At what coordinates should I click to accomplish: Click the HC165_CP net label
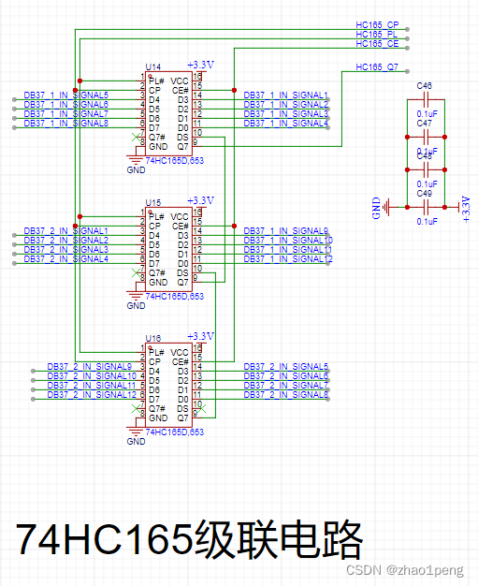[377, 23]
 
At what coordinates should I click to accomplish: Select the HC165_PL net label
[377, 34]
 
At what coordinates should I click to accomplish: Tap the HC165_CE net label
[377, 44]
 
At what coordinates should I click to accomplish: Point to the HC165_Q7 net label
[377, 67]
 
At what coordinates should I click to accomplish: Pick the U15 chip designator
[152, 203]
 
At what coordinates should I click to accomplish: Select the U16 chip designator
[152, 338]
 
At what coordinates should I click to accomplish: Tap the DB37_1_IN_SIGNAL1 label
[285, 95]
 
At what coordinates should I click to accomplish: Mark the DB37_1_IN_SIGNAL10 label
[287, 241]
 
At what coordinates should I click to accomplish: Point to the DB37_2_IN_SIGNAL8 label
[285, 395]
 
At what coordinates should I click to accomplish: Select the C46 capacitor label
[425, 86]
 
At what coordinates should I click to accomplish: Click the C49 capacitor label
[425, 193]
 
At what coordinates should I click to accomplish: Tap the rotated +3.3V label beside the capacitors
[466, 205]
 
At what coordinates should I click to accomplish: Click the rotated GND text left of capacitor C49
[376, 208]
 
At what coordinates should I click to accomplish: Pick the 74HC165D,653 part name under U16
[175, 432]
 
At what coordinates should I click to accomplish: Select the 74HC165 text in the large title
[103, 540]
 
